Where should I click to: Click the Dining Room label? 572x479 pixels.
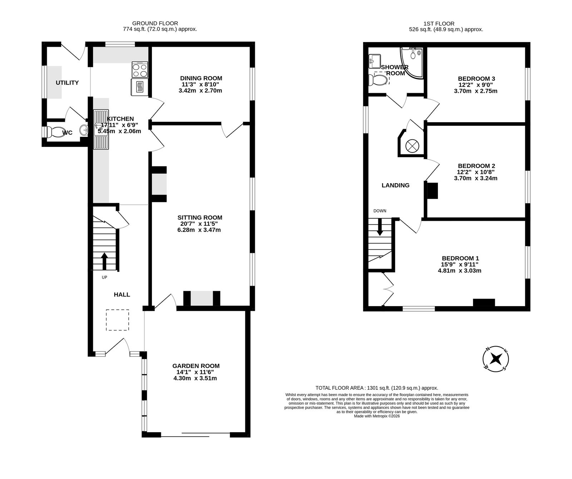tap(201, 78)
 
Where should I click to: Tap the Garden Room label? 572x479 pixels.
tap(196, 366)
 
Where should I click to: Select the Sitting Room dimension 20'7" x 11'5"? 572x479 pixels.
tap(200, 224)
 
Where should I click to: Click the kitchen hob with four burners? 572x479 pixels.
tap(140, 69)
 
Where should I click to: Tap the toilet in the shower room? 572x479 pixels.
tap(379, 79)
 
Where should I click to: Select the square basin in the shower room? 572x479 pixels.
tap(375, 61)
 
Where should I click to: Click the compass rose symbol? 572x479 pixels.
tap(496, 359)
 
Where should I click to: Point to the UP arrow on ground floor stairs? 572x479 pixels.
tap(104, 261)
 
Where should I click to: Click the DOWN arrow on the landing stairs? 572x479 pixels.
tap(380, 226)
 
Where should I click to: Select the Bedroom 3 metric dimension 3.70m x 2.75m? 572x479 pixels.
tap(475, 91)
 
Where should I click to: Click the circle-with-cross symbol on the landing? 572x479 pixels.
tap(411, 146)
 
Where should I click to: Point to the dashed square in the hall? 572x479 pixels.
tap(117, 320)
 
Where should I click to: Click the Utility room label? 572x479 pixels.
tap(67, 83)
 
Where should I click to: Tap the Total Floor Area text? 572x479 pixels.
tap(377, 388)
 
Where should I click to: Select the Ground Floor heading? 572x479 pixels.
tap(155, 24)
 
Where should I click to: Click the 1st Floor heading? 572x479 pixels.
tap(439, 24)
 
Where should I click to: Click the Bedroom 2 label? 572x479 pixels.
tap(477, 166)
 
